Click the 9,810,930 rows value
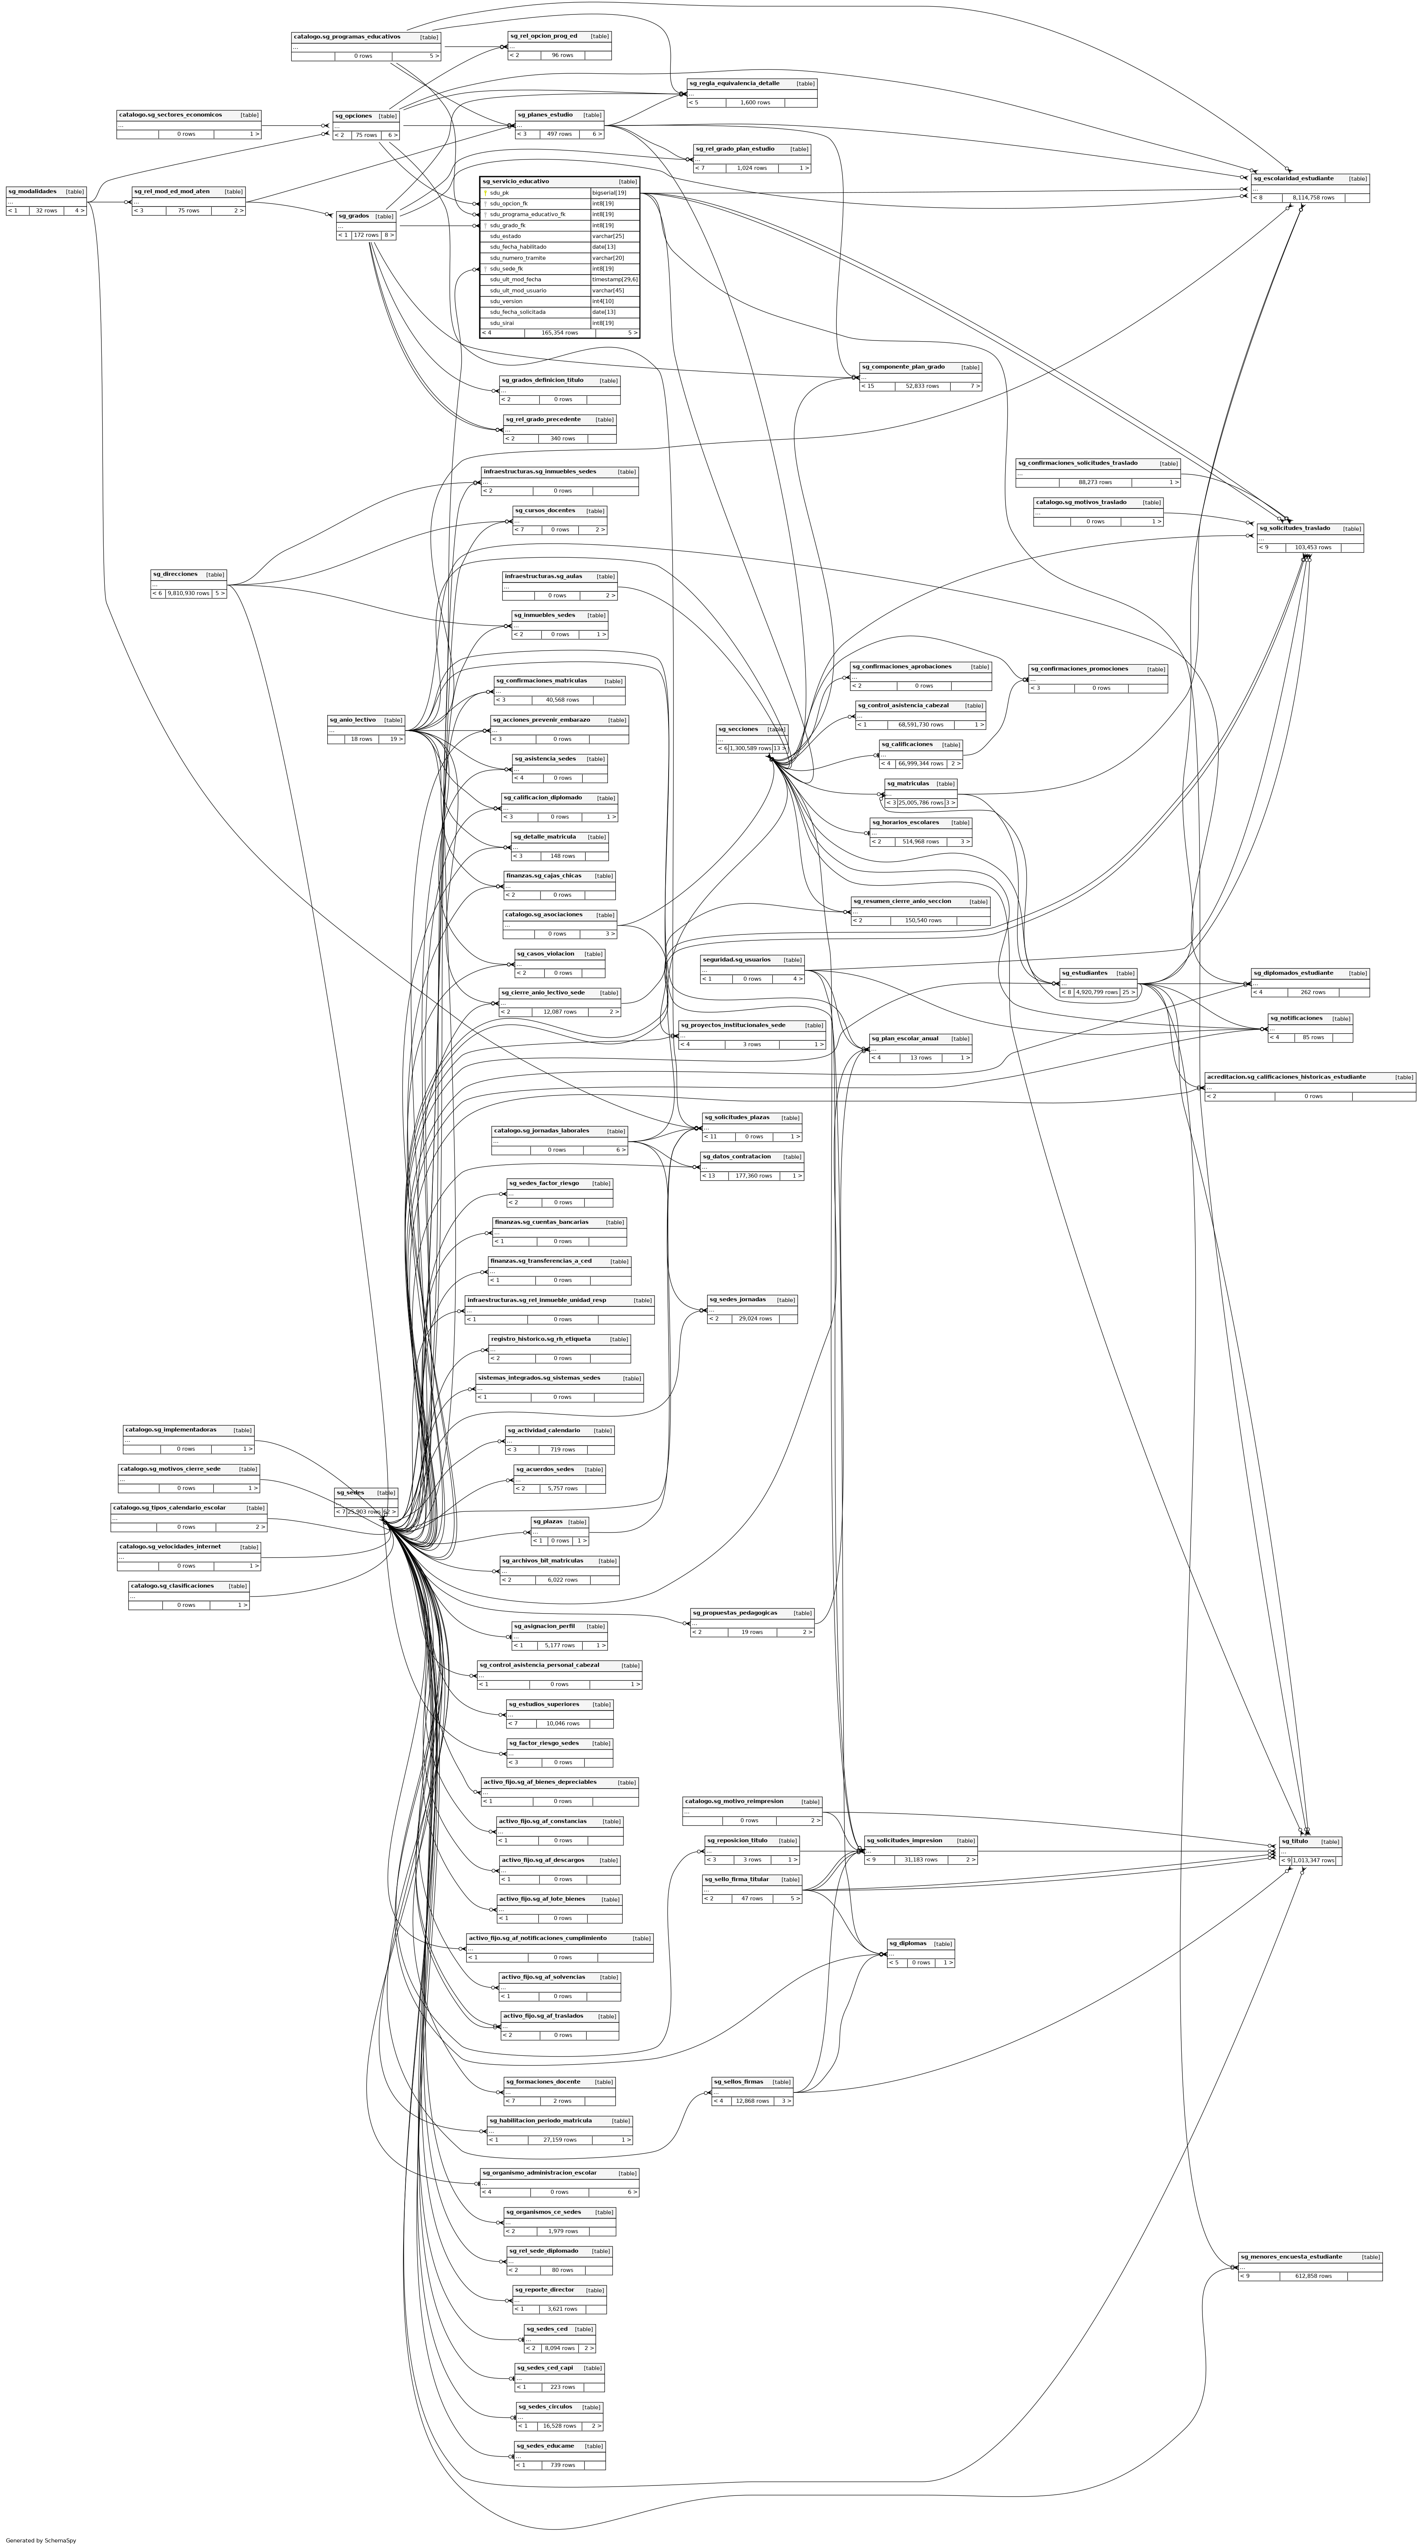188,594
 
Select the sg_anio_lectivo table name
352,720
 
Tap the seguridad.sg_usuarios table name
736,960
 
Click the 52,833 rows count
922,386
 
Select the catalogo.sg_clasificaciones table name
172,1585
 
